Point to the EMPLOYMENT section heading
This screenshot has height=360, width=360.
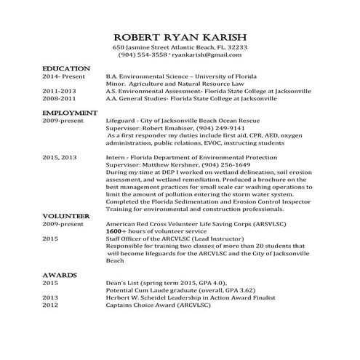click(70, 113)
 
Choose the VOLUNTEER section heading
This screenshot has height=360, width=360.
click(66, 217)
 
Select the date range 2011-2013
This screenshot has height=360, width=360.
click(58, 92)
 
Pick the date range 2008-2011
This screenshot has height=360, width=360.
click(58, 99)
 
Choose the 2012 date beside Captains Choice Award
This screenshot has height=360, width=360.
click(50, 305)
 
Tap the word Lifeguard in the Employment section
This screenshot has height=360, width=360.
click(121, 121)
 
